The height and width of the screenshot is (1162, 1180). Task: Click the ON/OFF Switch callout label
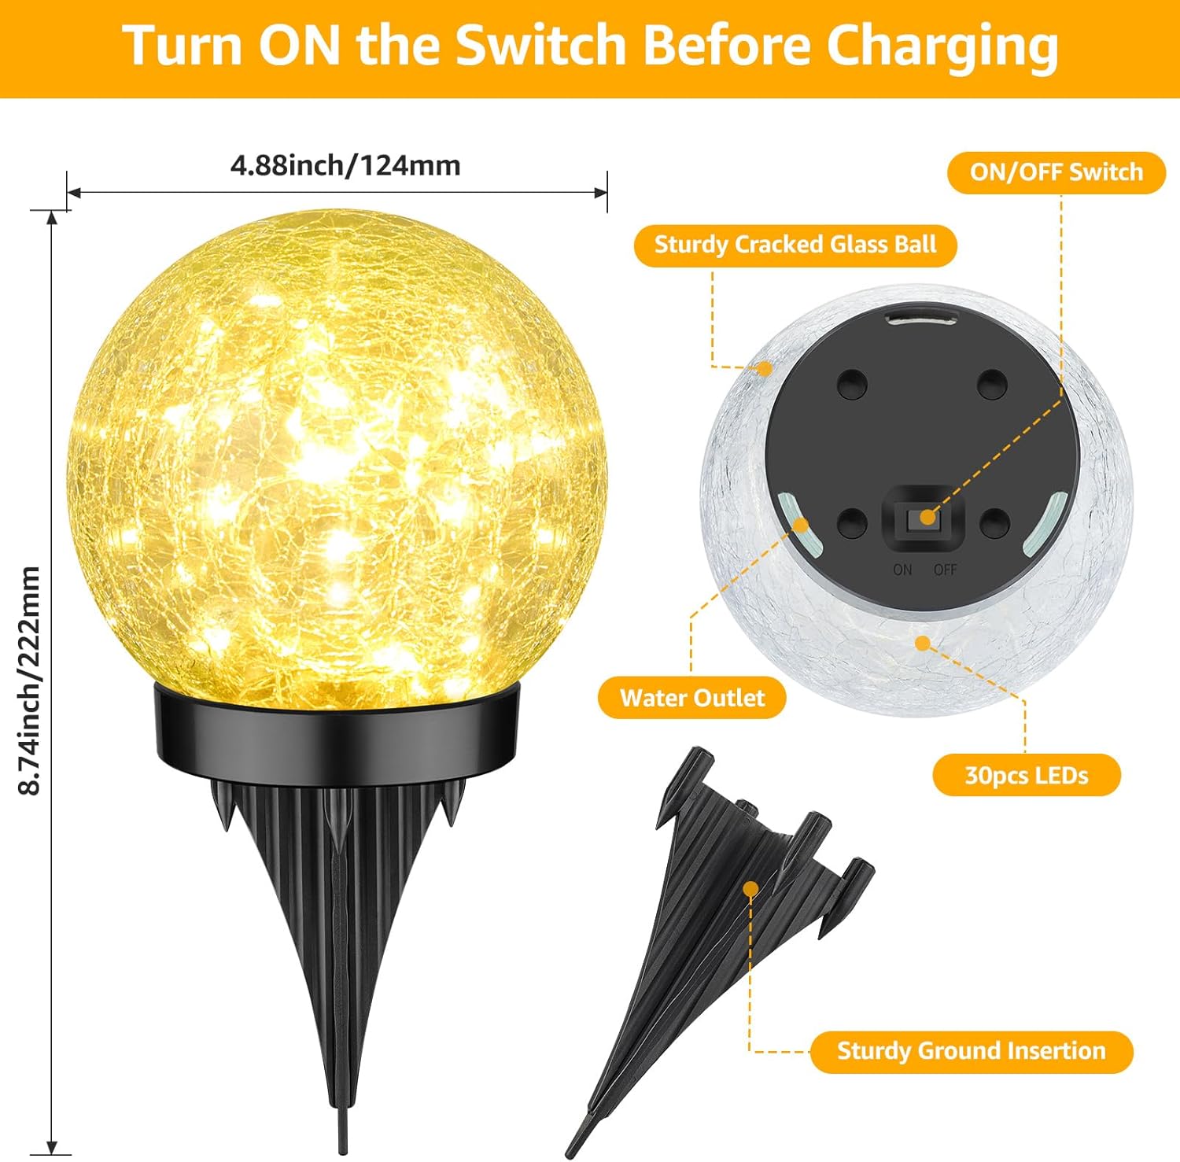point(1056,172)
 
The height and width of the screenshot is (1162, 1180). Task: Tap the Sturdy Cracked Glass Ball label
point(795,245)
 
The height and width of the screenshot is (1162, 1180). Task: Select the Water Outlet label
point(692,698)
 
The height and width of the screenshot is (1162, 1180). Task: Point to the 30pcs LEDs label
point(1027,776)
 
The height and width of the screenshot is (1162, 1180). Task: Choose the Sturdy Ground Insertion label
point(972,1051)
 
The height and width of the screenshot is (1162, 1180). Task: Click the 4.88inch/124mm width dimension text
point(345,165)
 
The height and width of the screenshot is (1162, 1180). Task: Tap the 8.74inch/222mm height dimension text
point(30,681)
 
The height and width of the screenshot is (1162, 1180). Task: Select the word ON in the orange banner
point(300,45)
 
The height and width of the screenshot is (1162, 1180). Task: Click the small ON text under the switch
point(902,569)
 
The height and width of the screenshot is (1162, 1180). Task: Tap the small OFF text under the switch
point(945,569)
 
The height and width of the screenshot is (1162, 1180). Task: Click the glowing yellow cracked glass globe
point(337,456)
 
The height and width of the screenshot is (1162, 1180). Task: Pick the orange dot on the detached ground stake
point(751,889)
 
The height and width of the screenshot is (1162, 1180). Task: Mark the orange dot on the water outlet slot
point(799,525)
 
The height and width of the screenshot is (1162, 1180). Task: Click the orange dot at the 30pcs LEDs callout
point(923,644)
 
